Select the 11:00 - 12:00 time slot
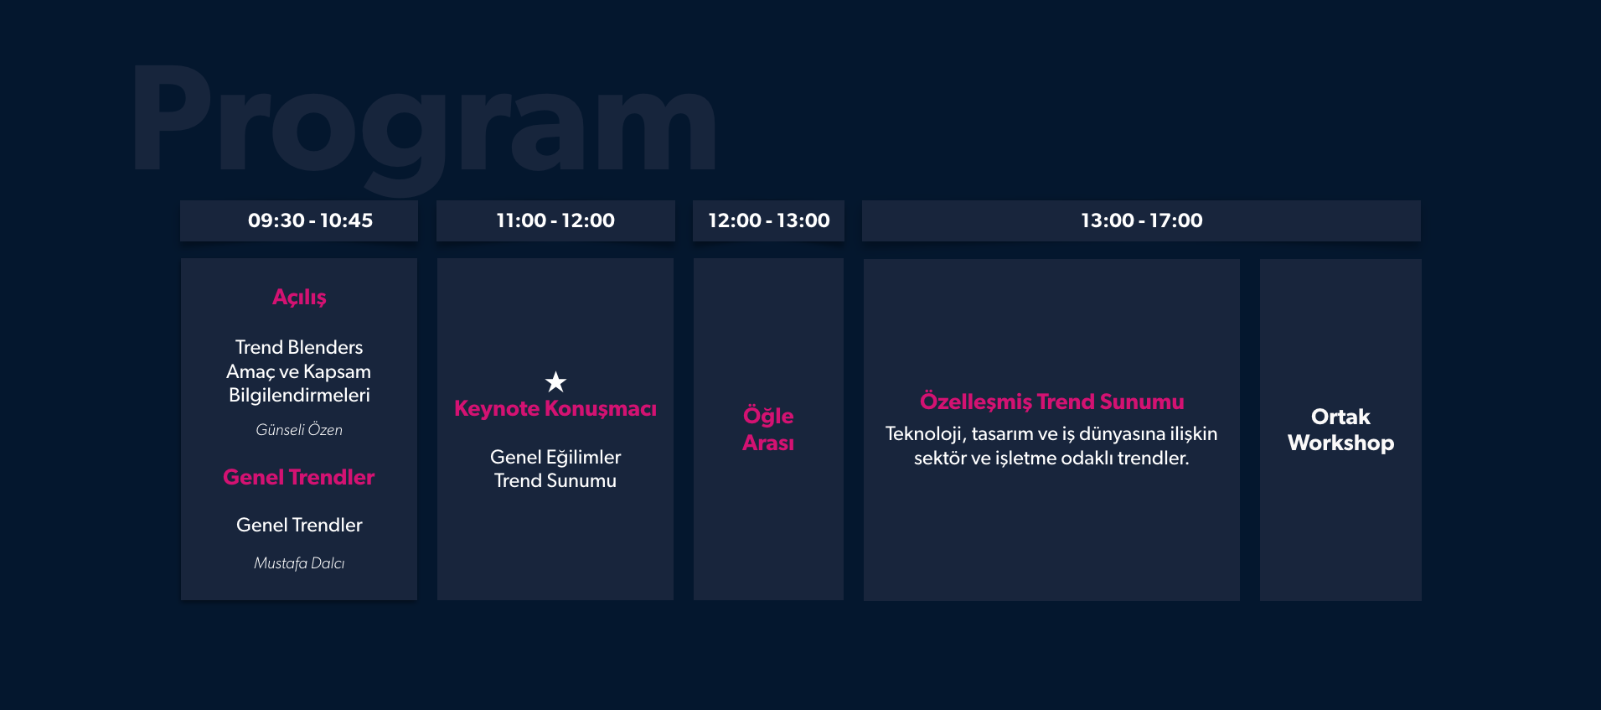[x=555, y=220]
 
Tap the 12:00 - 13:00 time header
[x=768, y=220]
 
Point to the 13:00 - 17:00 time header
[x=1141, y=220]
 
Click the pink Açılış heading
[x=299, y=298]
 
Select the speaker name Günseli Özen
[x=299, y=430]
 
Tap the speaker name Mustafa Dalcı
[x=299, y=563]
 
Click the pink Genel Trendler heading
[x=299, y=477]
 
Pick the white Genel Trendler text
[x=299, y=525]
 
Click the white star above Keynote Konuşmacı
[x=555, y=382]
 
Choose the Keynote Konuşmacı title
[x=555, y=409]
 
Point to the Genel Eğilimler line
[x=555, y=458]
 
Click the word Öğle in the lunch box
[x=768, y=416]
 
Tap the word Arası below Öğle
[x=768, y=443]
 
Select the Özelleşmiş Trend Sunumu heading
[x=1052, y=402]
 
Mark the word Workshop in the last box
[x=1340, y=443]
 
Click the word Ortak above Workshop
[x=1340, y=417]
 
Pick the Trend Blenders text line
[x=299, y=347]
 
